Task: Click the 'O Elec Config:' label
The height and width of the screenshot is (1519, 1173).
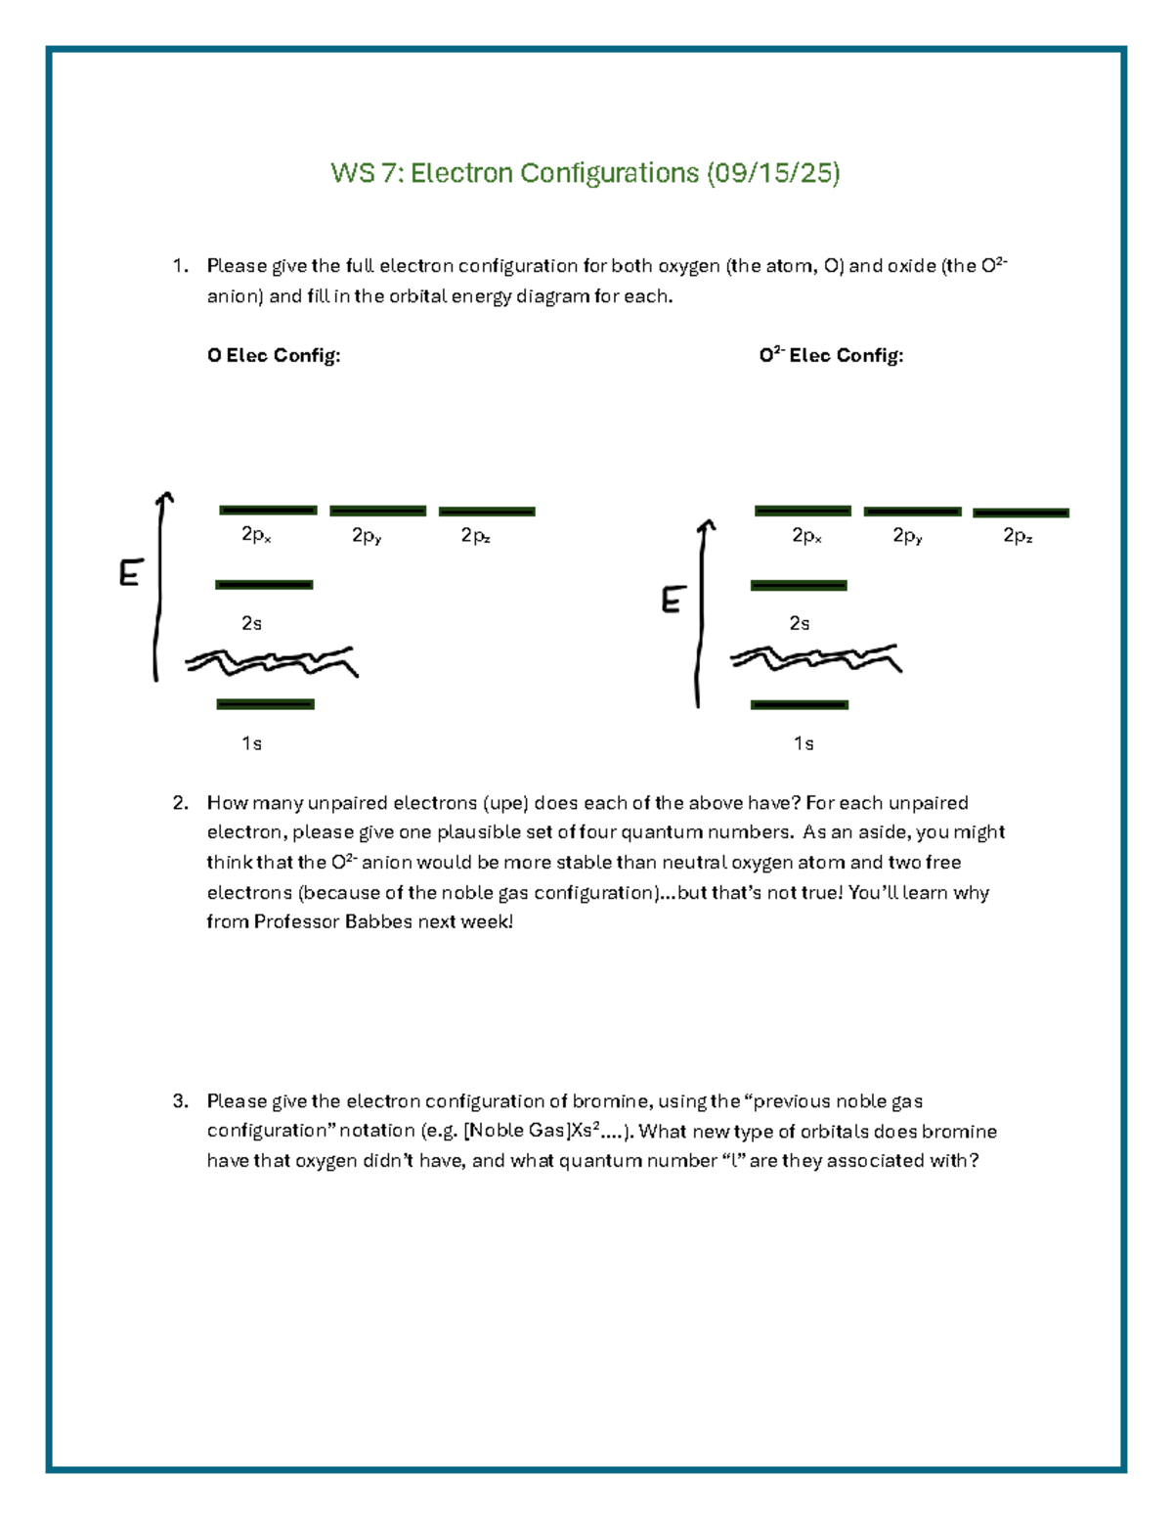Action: (274, 356)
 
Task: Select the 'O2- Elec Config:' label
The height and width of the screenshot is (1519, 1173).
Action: (831, 356)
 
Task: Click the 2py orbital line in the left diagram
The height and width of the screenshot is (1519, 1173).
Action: (377, 511)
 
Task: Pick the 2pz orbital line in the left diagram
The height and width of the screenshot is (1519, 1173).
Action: (487, 512)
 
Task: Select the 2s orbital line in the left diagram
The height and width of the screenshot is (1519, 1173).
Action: (264, 585)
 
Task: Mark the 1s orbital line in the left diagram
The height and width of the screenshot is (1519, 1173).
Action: (265, 704)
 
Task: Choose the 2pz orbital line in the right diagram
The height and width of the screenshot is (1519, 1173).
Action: (1021, 513)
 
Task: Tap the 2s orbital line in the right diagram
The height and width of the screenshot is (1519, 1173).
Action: (799, 586)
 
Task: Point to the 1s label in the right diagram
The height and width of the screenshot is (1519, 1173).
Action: (803, 744)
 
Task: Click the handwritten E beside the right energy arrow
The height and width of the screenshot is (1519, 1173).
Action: (671, 600)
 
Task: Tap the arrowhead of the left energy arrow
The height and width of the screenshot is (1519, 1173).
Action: (166, 498)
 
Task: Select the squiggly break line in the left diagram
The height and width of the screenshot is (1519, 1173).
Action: (272, 662)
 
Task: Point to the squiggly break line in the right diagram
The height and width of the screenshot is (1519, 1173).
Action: (815, 659)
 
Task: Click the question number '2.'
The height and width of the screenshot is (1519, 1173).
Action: (180, 803)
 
